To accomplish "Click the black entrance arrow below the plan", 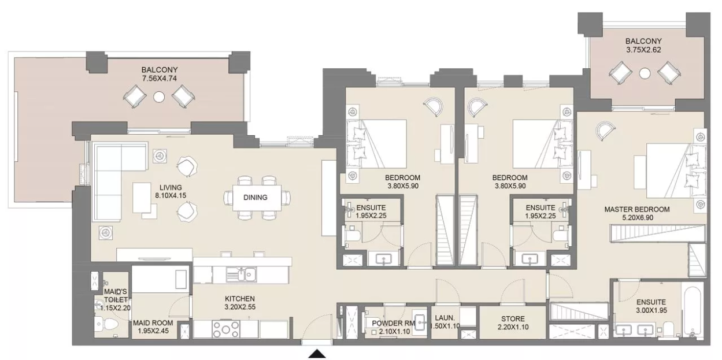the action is tap(317, 354).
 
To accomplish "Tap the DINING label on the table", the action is tap(256, 197).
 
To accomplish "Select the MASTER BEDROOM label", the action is tap(637, 209).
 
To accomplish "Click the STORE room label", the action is tap(513, 319).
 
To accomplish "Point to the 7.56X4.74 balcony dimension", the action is tap(159, 79).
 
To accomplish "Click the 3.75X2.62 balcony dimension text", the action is tap(643, 50).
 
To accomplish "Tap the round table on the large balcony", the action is tap(159, 97).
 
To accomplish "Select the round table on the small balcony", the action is tap(645, 73).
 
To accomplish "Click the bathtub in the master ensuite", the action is tap(692, 309).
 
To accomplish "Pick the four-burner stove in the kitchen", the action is tap(225, 329).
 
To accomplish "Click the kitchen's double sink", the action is tap(241, 274).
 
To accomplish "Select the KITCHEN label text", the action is tap(240, 299).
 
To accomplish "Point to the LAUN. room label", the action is tap(445, 317).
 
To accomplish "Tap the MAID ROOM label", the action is tap(153, 322).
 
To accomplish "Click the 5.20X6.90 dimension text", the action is tap(638, 217).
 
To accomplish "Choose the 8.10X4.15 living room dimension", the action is tap(171, 195).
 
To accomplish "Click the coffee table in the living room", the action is tap(142, 198).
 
